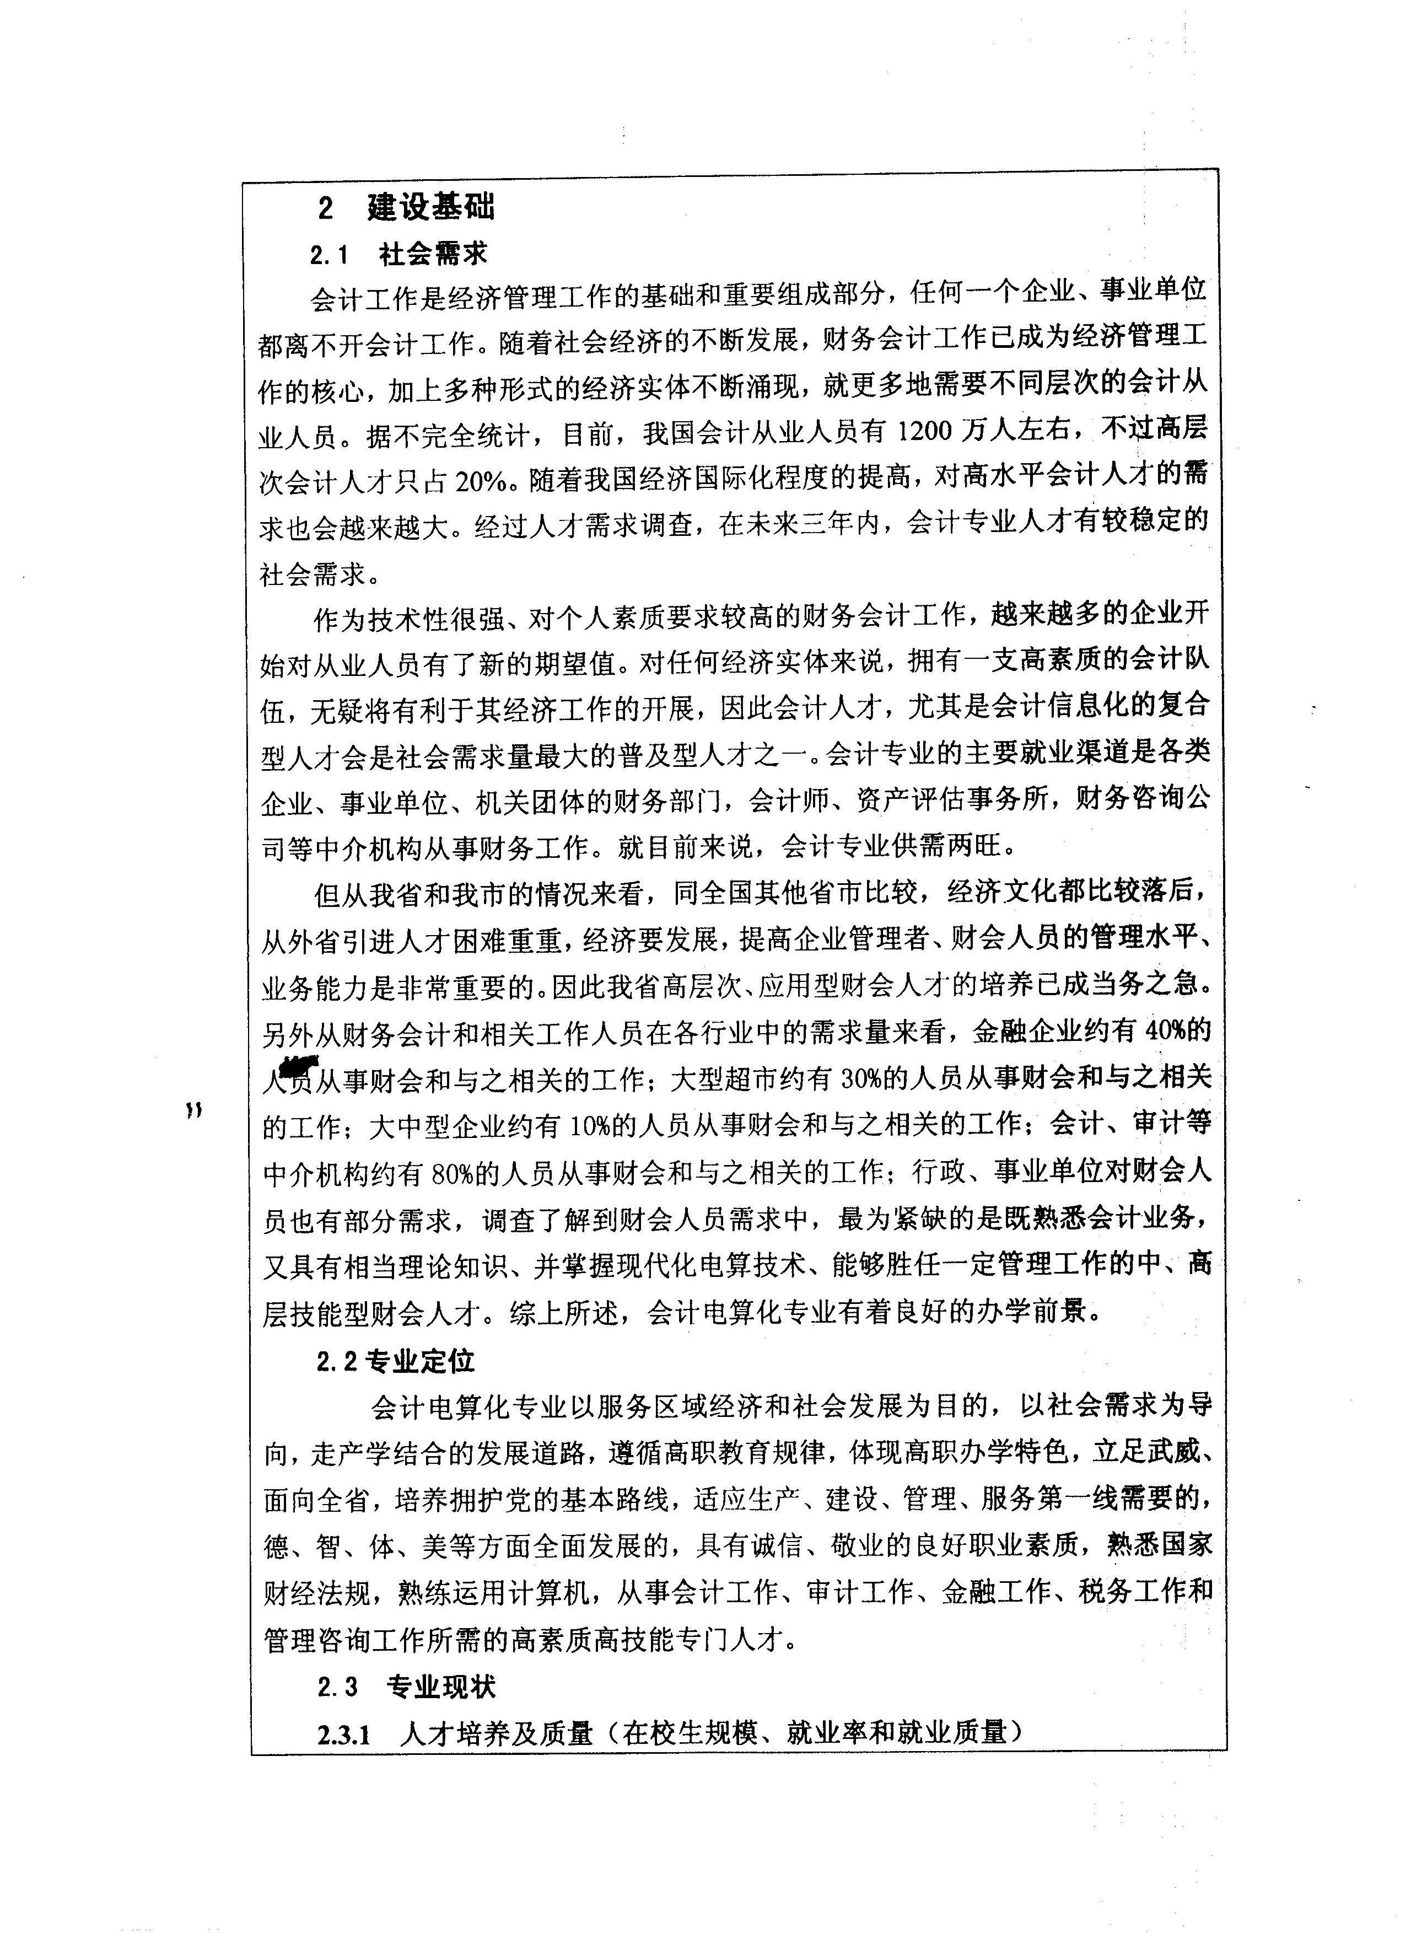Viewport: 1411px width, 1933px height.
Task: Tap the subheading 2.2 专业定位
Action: click(x=395, y=1361)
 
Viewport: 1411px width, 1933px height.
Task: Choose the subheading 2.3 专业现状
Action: click(x=406, y=1687)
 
